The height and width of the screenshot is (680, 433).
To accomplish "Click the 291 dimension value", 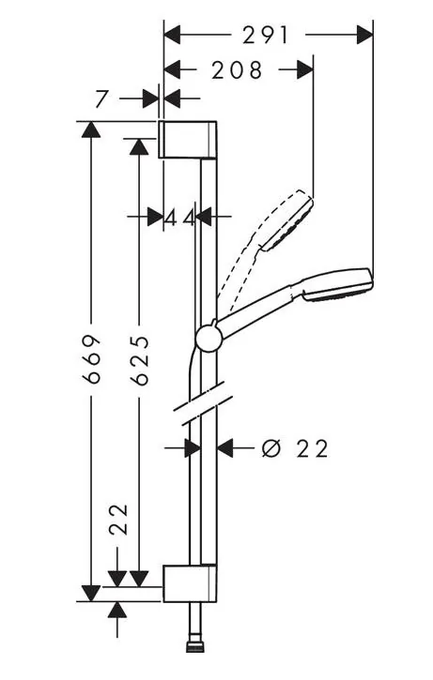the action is point(265,35).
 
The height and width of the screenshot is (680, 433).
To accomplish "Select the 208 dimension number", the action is point(237,69).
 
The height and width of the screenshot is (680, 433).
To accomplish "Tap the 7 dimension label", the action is point(101,98).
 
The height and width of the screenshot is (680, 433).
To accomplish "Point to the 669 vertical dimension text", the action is point(92,358).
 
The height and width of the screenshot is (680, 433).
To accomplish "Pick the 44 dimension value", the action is point(179,219).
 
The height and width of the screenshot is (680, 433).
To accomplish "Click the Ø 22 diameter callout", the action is point(295,448).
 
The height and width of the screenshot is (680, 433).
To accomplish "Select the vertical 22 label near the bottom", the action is point(118,520).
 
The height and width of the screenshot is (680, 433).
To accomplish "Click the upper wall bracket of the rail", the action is point(187,140).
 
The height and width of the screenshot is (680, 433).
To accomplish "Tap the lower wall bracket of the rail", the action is point(190,583).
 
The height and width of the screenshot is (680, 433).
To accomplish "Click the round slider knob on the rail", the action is point(209,339).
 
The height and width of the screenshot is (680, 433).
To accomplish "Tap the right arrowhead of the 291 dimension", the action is point(364,35).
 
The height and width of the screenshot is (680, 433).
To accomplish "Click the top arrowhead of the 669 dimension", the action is point(91,129).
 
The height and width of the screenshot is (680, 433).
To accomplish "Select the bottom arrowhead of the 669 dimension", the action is point(91,593).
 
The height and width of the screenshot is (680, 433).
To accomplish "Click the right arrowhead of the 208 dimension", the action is point(305,69).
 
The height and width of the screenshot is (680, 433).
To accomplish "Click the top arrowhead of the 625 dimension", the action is point(139,146).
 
